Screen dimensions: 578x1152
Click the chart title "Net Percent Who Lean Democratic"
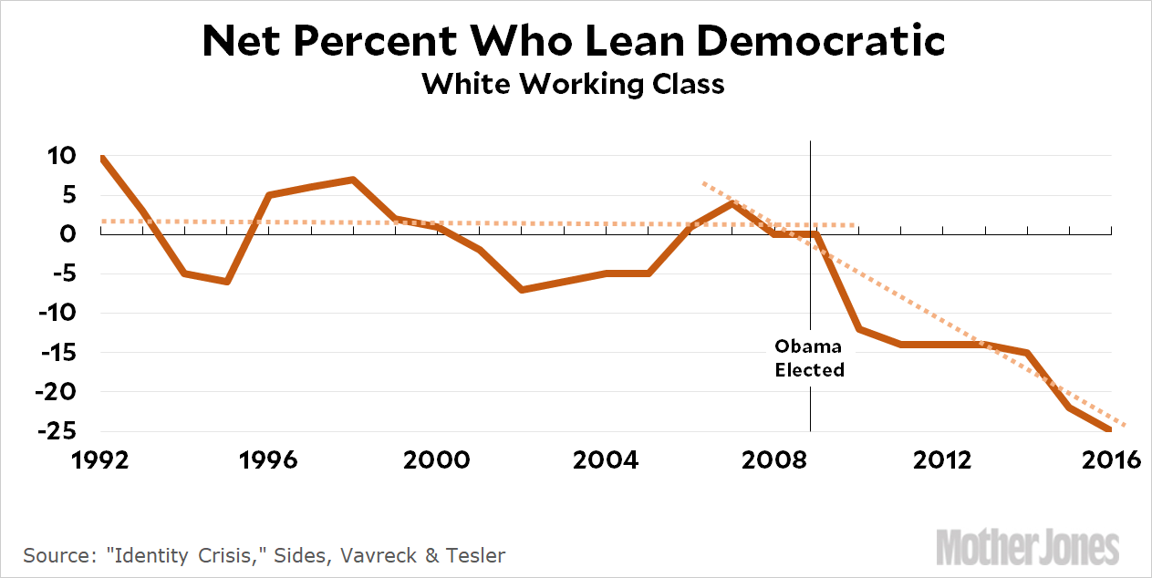click(574, 41)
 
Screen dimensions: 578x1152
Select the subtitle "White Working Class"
click(574, 84)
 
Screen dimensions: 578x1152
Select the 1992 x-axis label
click(101, 459)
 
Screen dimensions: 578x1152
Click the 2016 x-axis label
click(1109, 459)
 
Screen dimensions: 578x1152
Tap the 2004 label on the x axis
click(605, 459)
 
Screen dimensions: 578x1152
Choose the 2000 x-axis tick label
click(437, 459)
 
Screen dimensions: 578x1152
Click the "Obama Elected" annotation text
click(809, 358)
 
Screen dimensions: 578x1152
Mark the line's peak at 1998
click(353, 180)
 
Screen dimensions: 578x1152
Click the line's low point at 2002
click(521, 289)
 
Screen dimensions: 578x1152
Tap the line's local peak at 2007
click(732, 202)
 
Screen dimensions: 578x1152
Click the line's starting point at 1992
click(101, 157)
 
